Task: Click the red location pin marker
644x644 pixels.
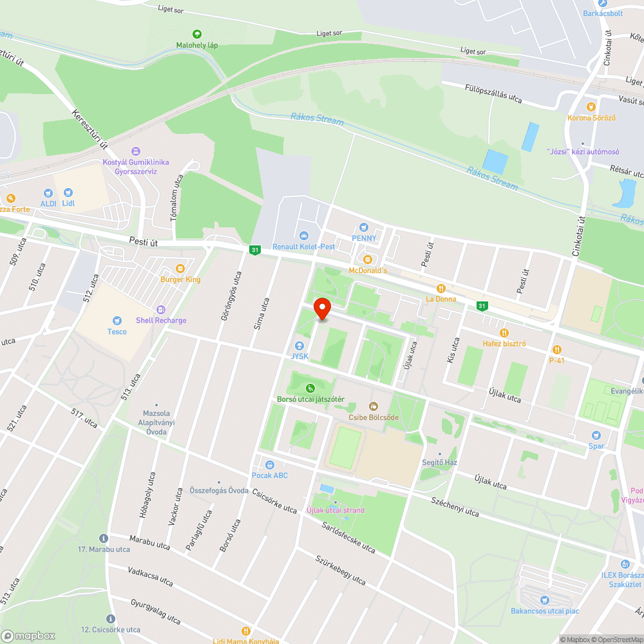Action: pyautogui.click(x=321, y=308)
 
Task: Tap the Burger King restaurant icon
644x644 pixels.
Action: pyautogui.click(x=180, y=268)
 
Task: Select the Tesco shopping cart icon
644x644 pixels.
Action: pyautogui.click(x=117, y=320)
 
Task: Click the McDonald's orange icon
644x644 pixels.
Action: pyautogui.click(x=368, y=259)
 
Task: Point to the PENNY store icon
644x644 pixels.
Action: pyautogui.click(x=364, y=227)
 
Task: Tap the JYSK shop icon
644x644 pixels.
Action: pyautogui.click(x=299, y=346)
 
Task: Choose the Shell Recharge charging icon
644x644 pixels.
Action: pyautogui.click(x=161, y=309)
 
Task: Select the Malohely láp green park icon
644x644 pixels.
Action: pyautogui.click(x=197, y=33)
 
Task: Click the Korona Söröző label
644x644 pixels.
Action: pyautogui.click(x=591, y=118)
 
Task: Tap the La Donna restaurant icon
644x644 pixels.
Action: pyautogui.click(x=441, y=288)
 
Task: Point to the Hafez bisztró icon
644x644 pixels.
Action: pyautogui.click(x=504, y=332)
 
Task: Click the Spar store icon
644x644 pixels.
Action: pyautogui.click(x=596, y=435)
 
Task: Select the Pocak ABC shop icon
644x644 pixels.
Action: pyautogui.click(x=270, y=464)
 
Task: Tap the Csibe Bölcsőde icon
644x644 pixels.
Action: pyautogui.click(x=374, y=406)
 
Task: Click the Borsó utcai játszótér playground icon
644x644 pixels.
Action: pyautogui.click(x=310, y=388)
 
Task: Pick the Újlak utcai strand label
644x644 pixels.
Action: pyautogui.click(x=336, y=510)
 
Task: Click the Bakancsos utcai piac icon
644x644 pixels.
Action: pyautogui.click(x=544, y=599)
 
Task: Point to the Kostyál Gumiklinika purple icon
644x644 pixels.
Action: pyautogui.click(x=136, y=151)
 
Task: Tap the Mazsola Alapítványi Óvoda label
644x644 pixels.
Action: pyautogui.click(x=156, y=422)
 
